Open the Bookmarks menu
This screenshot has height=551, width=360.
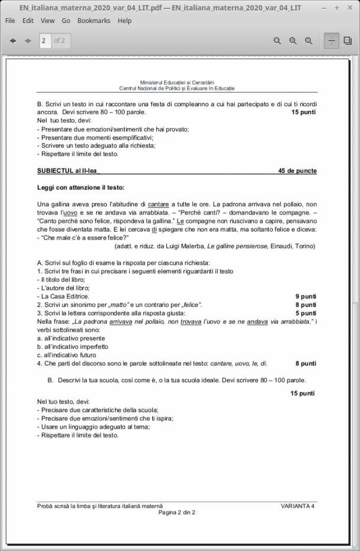coord(94,21)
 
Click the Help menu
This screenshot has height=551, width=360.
coord(125,21)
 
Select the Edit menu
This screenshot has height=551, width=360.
coord(28,21)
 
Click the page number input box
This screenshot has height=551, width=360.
coord(45,41)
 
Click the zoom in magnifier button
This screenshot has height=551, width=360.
coord(293,41)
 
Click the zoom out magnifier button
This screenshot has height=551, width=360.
coord(277,41)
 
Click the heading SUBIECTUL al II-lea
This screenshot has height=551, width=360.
coord(67,171)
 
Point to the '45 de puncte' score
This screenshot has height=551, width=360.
coord(297,171)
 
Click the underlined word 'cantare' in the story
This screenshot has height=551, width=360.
coord(159,204)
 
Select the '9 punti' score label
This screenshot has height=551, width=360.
coord(306,296)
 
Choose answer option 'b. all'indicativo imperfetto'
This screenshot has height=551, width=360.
coord(73,347)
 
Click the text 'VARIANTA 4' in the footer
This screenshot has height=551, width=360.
coord(298,506)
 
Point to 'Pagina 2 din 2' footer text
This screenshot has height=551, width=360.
coord(177,513)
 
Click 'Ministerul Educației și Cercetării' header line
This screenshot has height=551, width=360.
coord(177,82)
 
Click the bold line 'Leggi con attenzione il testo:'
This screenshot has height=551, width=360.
coord(81,187)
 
